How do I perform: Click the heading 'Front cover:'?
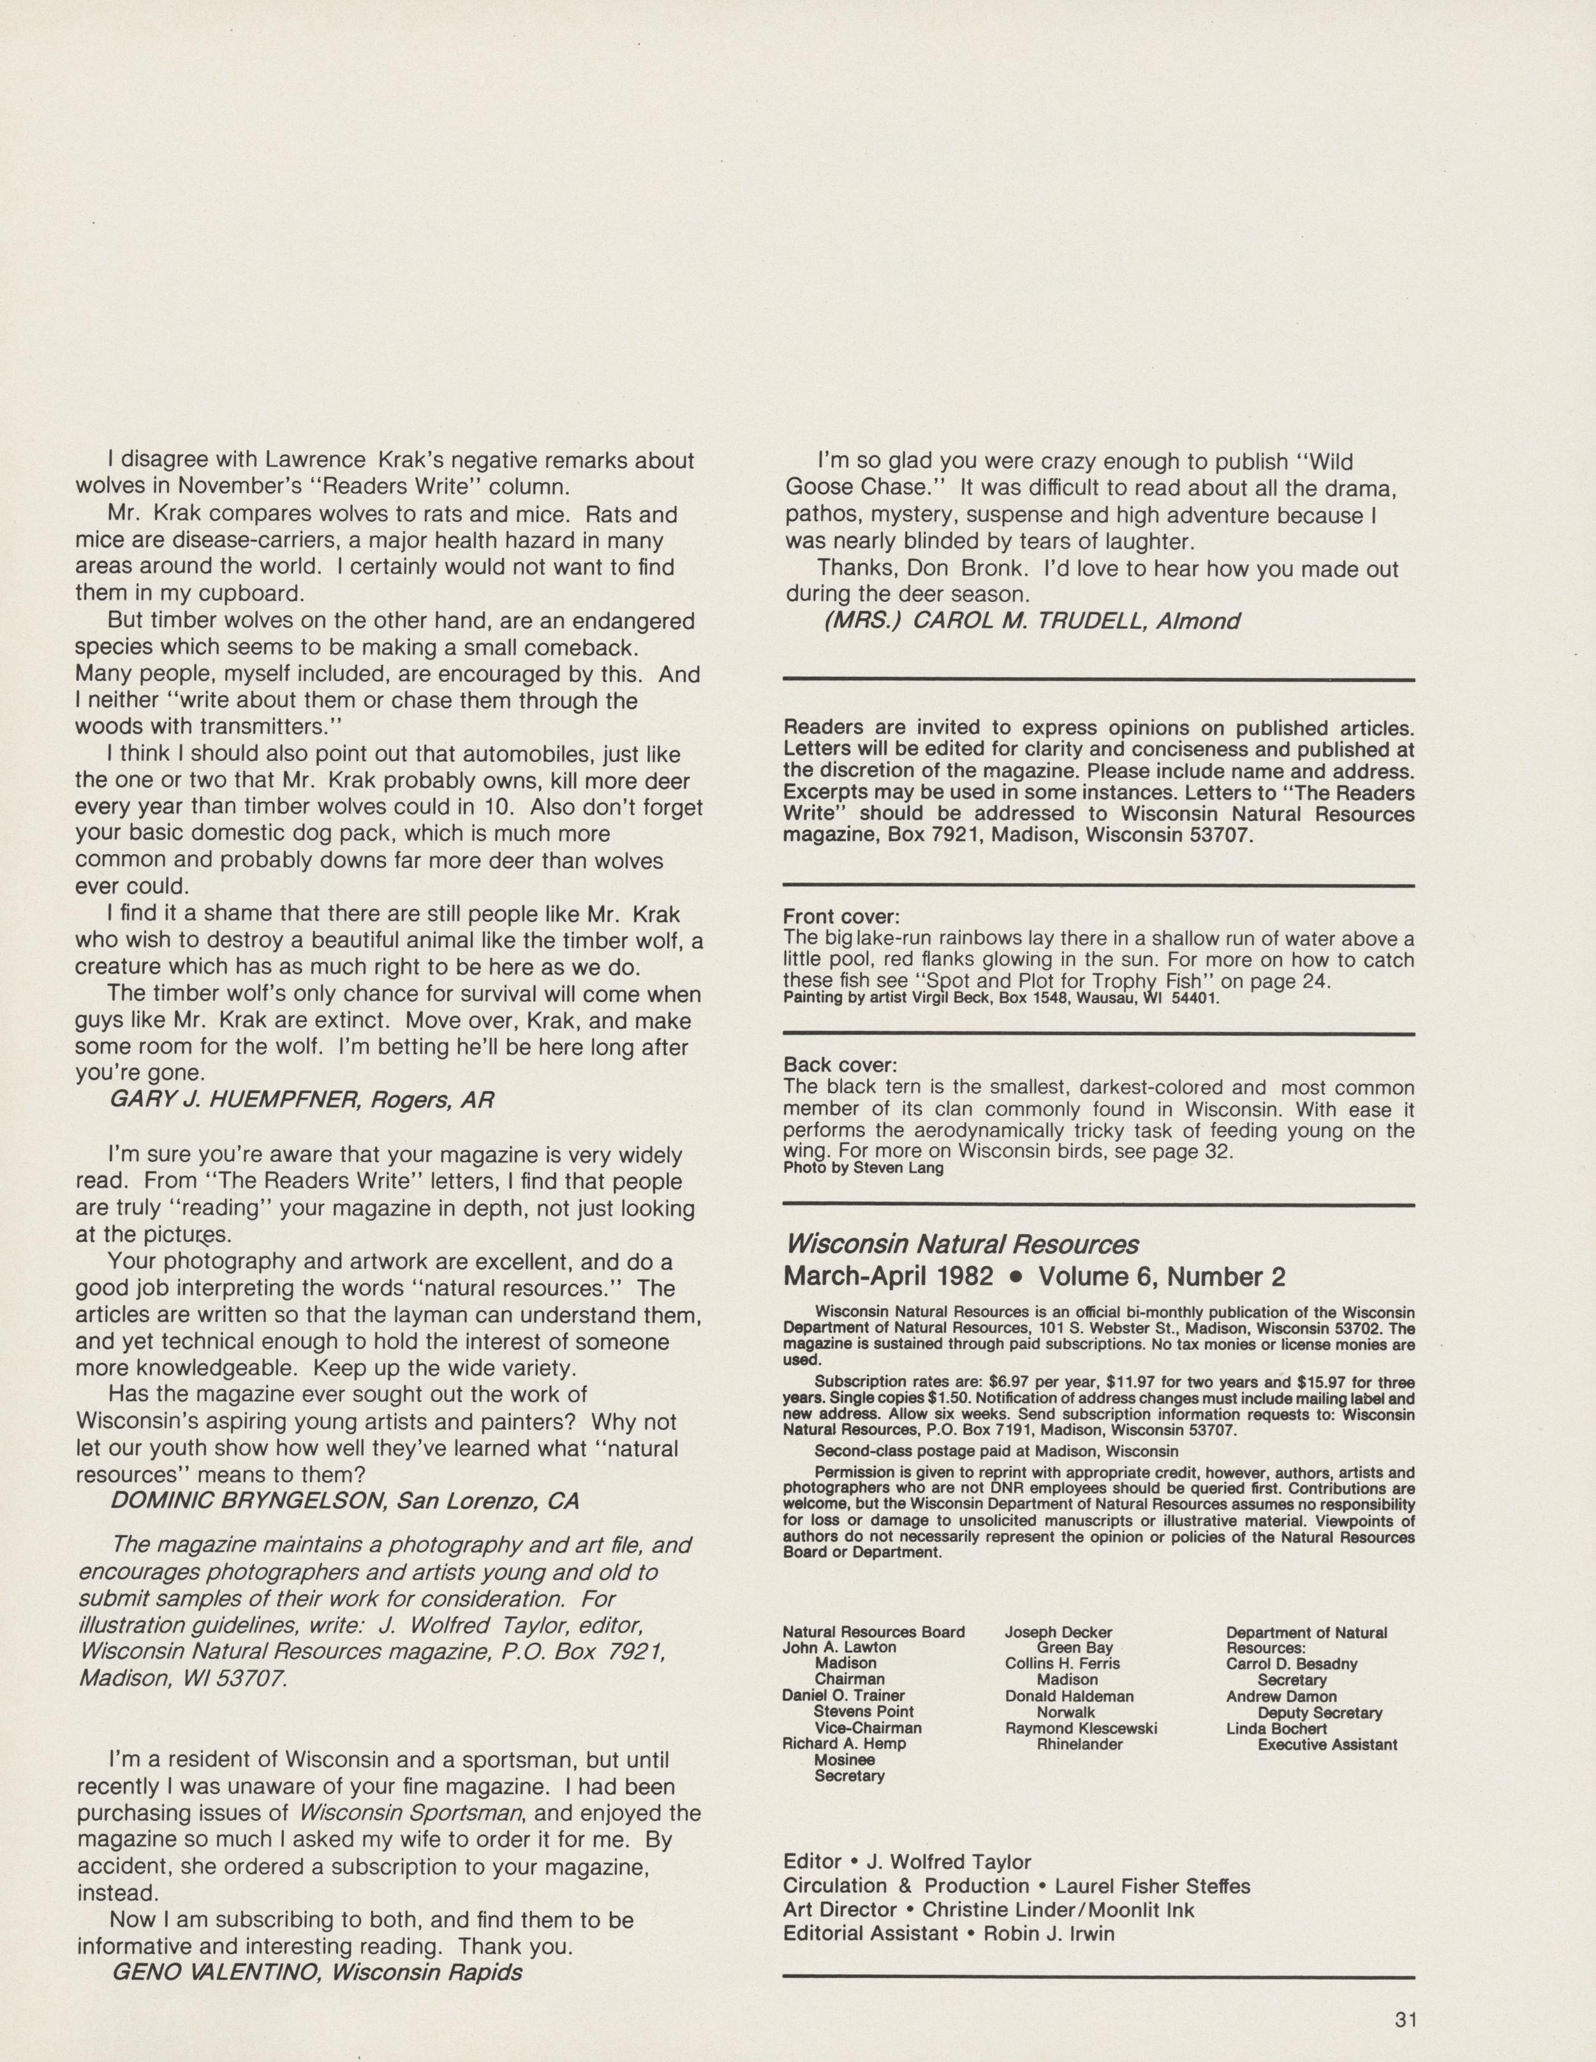[841, 916]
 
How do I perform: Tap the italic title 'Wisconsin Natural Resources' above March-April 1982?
[961, 1244]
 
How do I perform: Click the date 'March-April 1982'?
[888, 1276]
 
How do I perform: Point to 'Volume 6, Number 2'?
[1162, 1276]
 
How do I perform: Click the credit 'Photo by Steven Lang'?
[863, 1168]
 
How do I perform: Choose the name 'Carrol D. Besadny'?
[1291, 1663]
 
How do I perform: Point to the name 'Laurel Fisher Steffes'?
[1152, 1885]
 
